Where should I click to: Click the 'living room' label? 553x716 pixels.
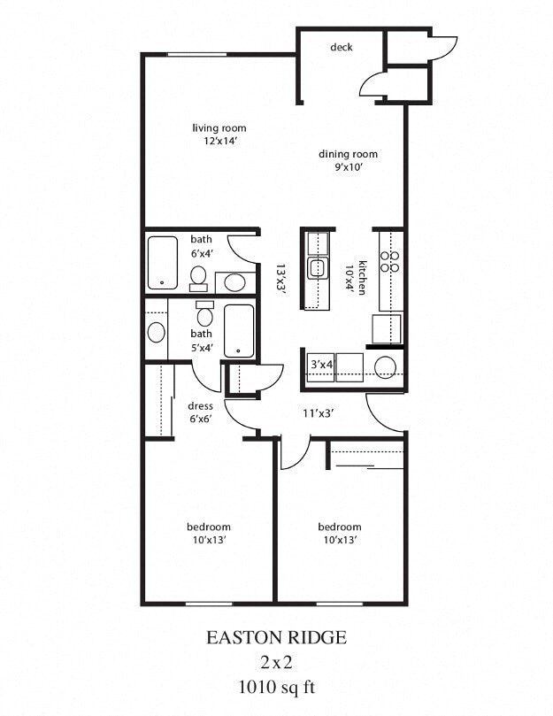(219, 128)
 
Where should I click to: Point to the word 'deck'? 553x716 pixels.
(341, 47)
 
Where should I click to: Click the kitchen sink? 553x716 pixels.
(316, 267)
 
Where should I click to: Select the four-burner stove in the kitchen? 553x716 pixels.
(389, 261)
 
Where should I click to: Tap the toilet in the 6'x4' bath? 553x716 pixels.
(199, 278)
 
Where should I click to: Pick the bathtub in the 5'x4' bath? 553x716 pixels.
(239, 331)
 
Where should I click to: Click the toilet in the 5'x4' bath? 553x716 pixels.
(205, 314)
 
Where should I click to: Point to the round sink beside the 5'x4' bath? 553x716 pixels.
(157, 333)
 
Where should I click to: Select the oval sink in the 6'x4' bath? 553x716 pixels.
(234, 283)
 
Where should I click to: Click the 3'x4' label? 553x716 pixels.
(320, 365)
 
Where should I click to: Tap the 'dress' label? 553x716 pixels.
(200, 406)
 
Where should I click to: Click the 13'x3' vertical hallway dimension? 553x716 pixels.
(280, 277)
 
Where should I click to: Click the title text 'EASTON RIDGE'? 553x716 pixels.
(276, 637)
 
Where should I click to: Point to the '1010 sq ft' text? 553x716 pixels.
(276, 685)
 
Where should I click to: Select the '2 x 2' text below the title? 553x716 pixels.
(276, 661)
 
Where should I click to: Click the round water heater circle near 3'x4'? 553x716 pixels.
(386, 367)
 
